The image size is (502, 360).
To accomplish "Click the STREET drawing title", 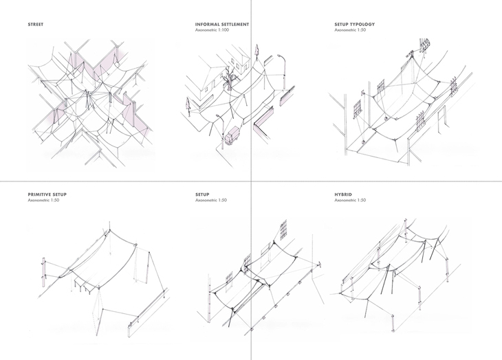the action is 36,24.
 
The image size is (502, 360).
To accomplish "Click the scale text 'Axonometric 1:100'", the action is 212,30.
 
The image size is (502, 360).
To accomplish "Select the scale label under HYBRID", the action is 350,200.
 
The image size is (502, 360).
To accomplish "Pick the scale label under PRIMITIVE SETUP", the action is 43,200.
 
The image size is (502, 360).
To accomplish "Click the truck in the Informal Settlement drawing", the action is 232,136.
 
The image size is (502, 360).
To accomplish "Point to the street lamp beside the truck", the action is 221,131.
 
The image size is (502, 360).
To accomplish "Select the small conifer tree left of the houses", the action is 188,107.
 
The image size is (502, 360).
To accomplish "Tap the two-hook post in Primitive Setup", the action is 44,272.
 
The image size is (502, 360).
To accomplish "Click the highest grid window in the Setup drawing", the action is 283,230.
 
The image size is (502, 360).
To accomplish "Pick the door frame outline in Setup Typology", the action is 443,119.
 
